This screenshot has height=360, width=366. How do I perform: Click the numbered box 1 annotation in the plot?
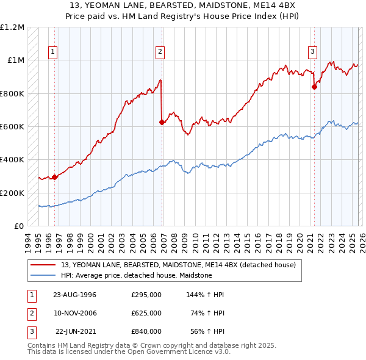pos(54,52)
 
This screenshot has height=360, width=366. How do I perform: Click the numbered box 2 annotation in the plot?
pos(160,52)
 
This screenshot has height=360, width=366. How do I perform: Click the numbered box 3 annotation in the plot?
pos(312,52)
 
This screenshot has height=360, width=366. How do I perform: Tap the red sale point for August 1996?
pos(54,178)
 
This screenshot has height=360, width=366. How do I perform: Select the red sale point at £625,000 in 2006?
pos(162,123)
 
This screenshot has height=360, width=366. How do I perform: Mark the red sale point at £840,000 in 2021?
pos(314,87)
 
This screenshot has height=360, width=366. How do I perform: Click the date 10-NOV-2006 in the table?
pos(75,313)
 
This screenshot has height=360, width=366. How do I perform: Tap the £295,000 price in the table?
pos(146,295)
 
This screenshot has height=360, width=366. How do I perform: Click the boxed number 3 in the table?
pos(30,331)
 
